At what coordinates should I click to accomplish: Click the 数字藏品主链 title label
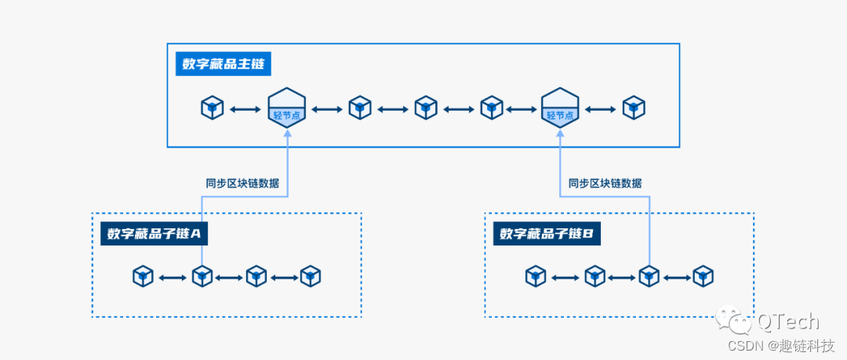[223, 64]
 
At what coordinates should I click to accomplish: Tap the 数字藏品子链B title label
[547, 233]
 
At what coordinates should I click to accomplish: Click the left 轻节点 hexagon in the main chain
[286, 107]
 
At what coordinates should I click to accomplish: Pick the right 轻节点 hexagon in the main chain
[560, 107]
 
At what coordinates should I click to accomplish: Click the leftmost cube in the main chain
[213, 107]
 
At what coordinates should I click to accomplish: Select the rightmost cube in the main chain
[634, 107]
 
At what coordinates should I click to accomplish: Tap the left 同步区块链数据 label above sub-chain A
[242, 183]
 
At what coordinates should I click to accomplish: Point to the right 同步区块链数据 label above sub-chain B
[605, 183]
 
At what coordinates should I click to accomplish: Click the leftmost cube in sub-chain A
[143, 276]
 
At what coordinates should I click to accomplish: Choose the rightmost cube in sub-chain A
[311, 276]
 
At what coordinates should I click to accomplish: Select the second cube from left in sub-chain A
[202, 276]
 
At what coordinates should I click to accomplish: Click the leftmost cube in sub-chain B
[536, 276]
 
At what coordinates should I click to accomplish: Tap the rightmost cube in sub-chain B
[703, 276]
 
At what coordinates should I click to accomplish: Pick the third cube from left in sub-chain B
[649, 276]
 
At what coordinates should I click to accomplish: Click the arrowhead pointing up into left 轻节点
[286, 135]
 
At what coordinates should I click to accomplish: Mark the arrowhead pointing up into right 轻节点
[560, 135]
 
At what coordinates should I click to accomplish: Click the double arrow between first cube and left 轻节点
[245, 108]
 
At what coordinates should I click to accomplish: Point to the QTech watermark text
[787, 322]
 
